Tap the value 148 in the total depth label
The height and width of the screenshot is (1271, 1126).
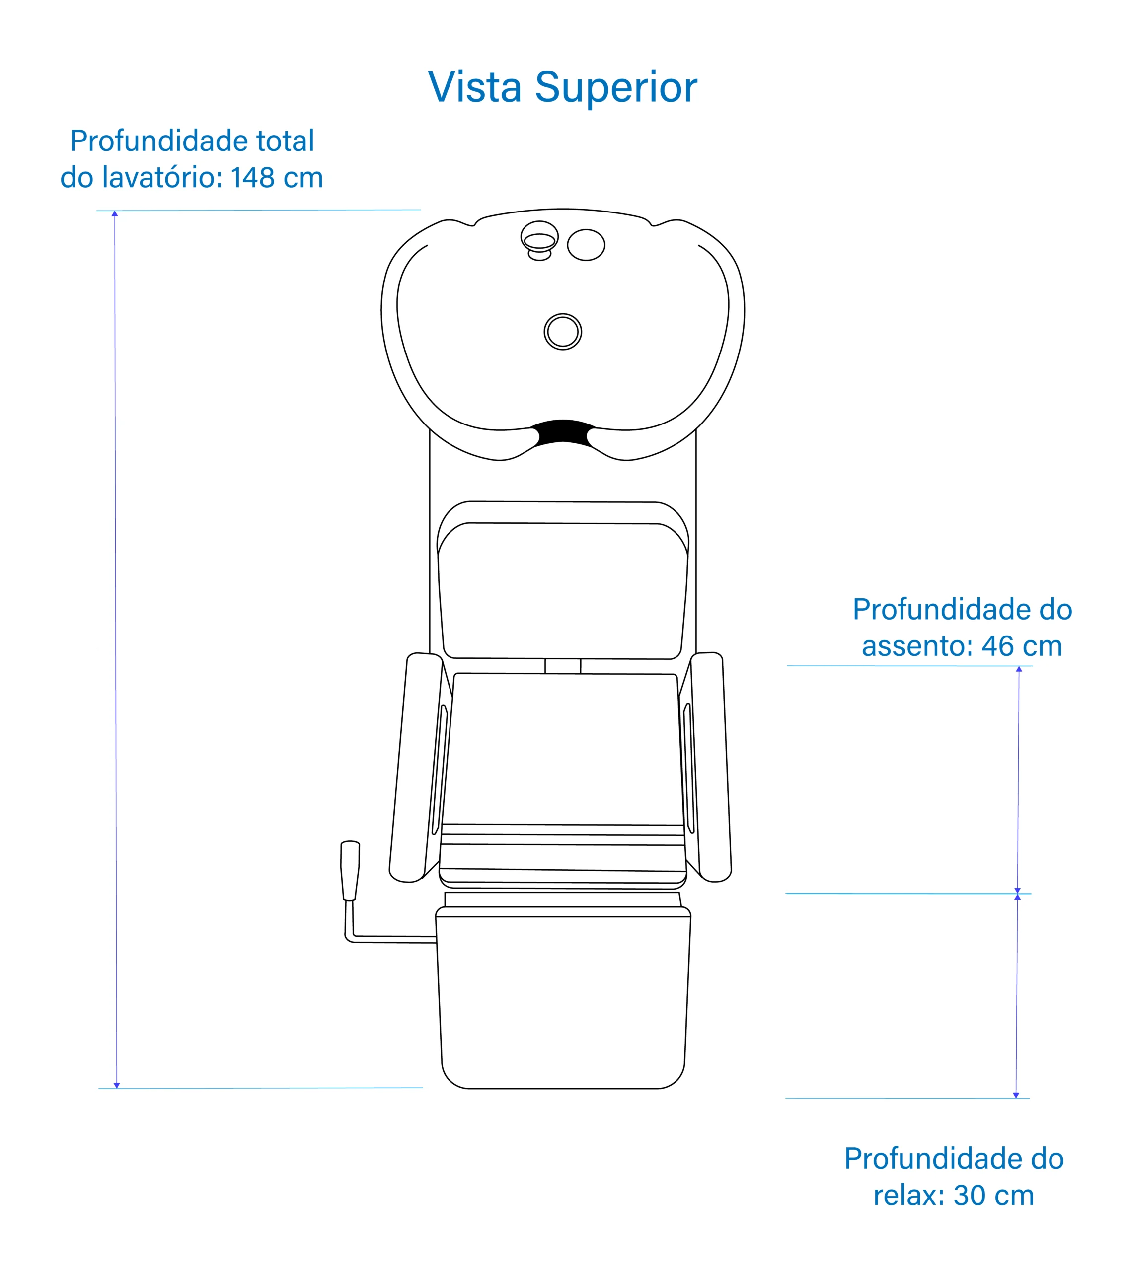253,178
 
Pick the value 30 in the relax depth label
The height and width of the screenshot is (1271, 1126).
970,1195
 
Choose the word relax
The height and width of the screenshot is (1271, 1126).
909,1195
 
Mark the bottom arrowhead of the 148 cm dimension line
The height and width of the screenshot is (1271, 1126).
116,1085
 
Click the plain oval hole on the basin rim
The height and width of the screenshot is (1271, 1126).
586,245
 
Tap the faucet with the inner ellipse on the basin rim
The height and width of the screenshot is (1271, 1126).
539,240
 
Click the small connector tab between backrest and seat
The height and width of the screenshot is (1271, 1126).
563,666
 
